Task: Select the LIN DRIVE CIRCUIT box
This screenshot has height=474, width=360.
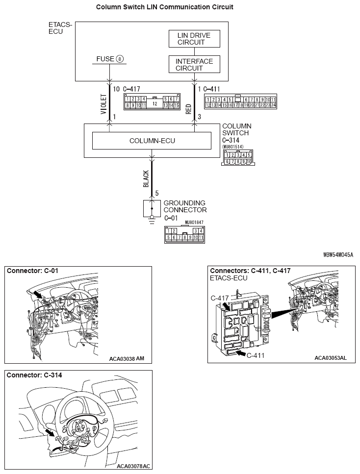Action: coord(194,39)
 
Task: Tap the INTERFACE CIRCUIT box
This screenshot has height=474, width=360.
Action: coord(194,64)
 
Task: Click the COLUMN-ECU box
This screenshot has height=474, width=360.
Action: coord(152,141)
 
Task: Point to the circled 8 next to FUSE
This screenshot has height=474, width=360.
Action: coord(120,59)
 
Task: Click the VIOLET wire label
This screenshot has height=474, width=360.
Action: coord(103,104)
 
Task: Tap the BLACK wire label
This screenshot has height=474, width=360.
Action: coord(146,179)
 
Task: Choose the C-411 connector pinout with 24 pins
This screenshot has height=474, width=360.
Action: coord(240,101)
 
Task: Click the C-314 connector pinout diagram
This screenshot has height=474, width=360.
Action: coord(237,158)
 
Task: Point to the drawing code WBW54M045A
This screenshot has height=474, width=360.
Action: coord(338,255)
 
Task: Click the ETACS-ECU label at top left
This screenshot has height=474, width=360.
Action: coord(60,28)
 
